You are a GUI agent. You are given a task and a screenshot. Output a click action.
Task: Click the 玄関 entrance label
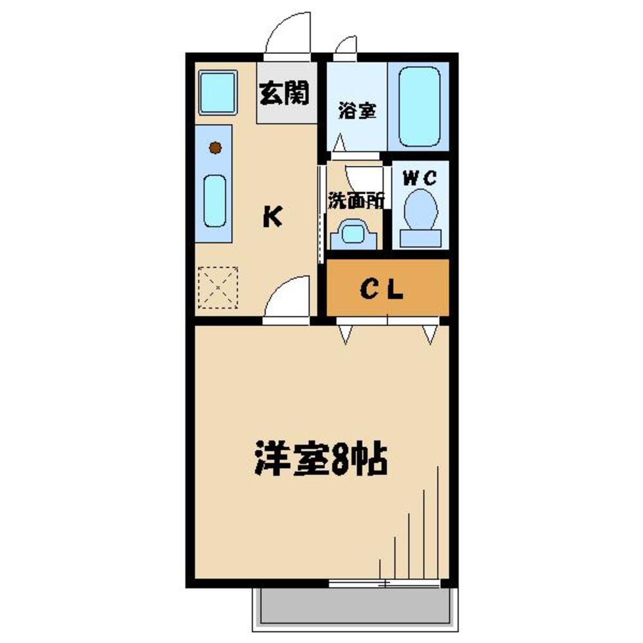(x=284, y=94)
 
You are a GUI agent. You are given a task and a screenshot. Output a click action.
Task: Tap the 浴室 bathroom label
(x=357, y=111)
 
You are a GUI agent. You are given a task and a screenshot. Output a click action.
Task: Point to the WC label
(x=420, y=177)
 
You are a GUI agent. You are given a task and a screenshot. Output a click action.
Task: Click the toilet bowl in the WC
(x=422, y=208)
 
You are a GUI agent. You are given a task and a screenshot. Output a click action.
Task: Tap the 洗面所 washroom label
(x=356, y=201)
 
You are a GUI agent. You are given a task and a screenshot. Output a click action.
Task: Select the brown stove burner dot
(x=215, y=148)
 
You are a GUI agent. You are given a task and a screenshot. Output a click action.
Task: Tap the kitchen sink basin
(x=215, y=201)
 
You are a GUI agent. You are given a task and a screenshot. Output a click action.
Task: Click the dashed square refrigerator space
(x=218, y=287)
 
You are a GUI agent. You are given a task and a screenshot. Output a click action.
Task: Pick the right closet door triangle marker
(x=430, y=332)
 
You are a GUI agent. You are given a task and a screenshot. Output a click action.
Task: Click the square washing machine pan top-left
(x=216, y=92)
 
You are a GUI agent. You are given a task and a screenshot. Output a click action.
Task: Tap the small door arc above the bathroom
(x=346, y=46)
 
